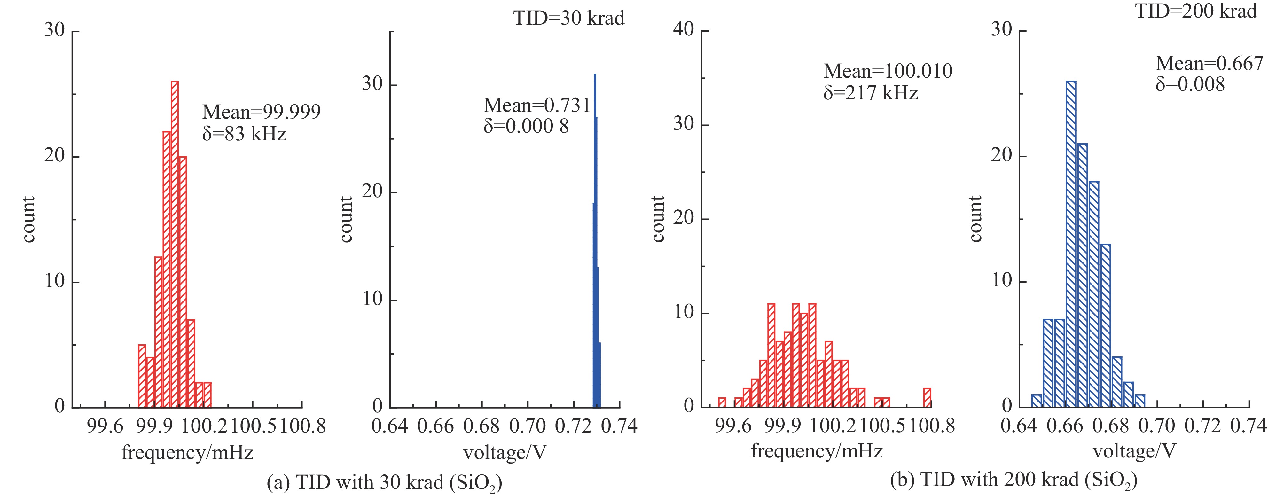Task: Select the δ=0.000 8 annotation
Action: [526, 126]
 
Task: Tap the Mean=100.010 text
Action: [888, 71]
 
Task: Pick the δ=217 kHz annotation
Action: [870, 93]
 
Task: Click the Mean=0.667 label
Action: [1209, 63]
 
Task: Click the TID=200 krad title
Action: [1196, 11]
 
